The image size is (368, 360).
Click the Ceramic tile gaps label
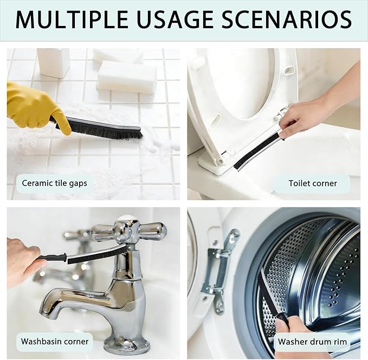54,183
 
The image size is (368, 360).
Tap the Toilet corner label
312,184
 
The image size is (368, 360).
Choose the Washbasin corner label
54,342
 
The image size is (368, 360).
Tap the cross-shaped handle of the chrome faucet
128,231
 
